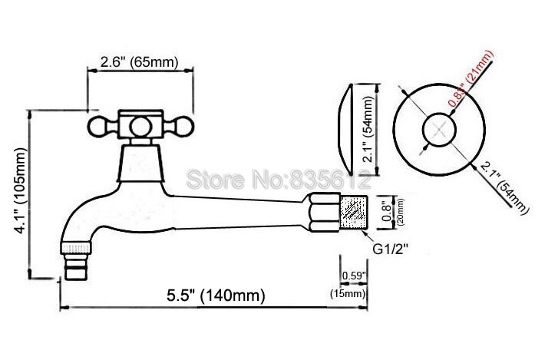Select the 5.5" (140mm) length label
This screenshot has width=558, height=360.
click(x=216, y=295)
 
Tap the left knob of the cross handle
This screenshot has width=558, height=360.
click(x=98, y=125)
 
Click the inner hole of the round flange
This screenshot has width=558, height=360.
click(x=437, y=127)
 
